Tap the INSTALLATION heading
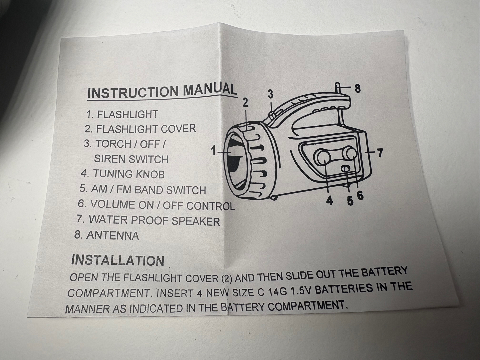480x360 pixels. tap(118, 260)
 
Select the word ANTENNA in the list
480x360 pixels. tap(113, 236)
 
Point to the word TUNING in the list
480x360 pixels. tap(113, 174)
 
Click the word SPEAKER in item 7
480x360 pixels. tap(196, 221)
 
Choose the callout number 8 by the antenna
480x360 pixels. tap(357, 89)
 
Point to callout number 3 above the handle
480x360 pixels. tap(271, 94)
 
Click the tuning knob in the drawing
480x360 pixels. tap(322, 157)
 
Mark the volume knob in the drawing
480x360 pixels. tap(350, 154)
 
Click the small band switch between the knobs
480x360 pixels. tap(346, 169)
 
